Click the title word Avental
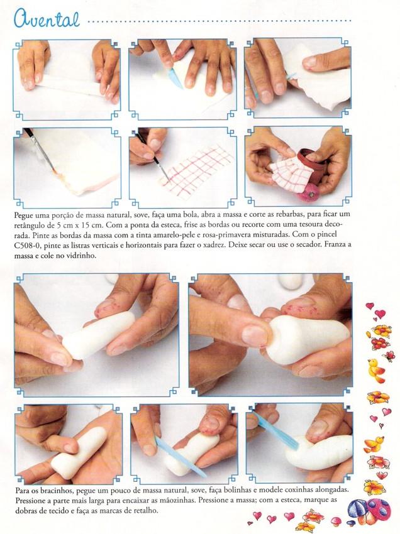click(47, 19)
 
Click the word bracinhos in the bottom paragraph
click(58, 491)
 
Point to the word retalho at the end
click(147, 511)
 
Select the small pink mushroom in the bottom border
click(336, 520)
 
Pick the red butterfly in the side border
click(389, 356)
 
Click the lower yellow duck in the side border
click(374, 444)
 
